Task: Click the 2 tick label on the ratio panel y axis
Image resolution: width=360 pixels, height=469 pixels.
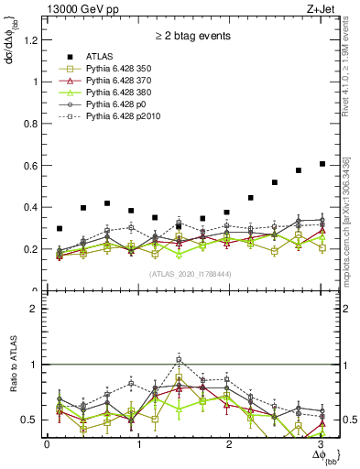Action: click(x=36, y=310)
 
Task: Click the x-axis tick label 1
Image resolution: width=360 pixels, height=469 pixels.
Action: click(x=139, y=443)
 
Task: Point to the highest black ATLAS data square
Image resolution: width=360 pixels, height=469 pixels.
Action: click(x=322, y=164)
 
